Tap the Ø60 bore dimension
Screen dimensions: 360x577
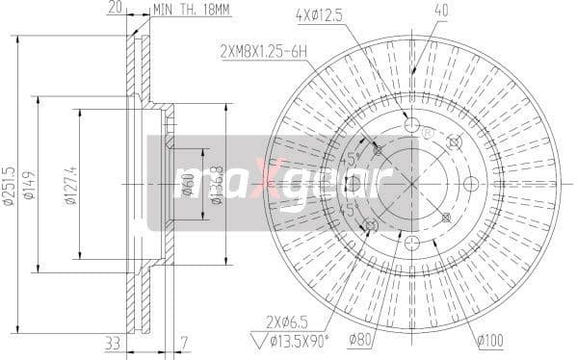pyautogui.click(x=190, y=180)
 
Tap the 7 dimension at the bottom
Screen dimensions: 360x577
pyautogui.click(x=183, y=342)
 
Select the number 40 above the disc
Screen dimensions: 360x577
pyautogui.click(x=414, y=11)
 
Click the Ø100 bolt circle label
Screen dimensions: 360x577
pyautogui.click(x=488, y=339)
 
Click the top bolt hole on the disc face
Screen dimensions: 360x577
pyautogui.click(x=412, y=126)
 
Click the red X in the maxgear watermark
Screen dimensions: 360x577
pyautogui.click(x=273, y=180)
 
